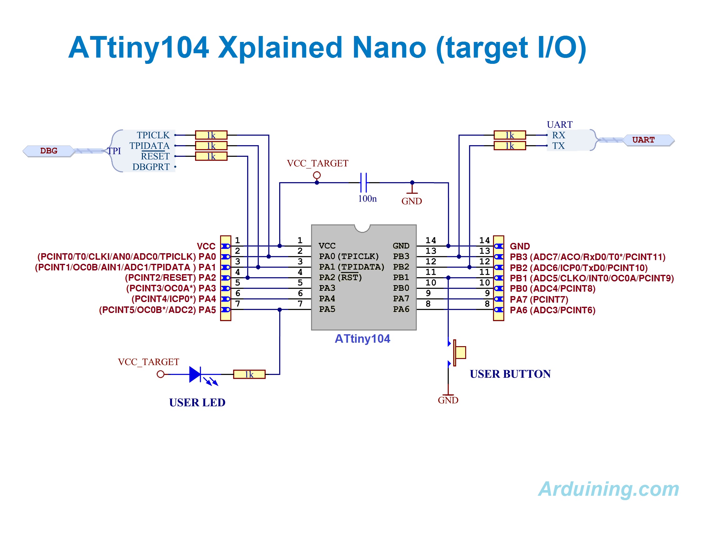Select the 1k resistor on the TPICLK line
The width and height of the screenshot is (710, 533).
[211, 135]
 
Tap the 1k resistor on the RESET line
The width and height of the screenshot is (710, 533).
[211, 156]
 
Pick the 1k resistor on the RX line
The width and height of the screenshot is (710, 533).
[509, 135]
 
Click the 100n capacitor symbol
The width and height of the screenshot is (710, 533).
[363, 182]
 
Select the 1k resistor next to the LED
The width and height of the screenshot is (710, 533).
[249, 374]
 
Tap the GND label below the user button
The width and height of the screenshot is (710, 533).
[448, 400]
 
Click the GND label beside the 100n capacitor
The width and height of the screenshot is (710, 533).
[411, 201]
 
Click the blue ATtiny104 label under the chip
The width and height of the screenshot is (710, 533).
[362, 339]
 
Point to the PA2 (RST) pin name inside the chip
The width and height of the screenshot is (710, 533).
[340, 277]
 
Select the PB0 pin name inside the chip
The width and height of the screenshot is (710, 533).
[401, 288]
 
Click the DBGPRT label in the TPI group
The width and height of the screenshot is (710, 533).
[151, 167]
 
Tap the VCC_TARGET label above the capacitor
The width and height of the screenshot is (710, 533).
[317, 163]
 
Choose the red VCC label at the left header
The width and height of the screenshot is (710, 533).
[206, 246]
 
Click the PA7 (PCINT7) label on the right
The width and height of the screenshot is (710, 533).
[539, 300]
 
